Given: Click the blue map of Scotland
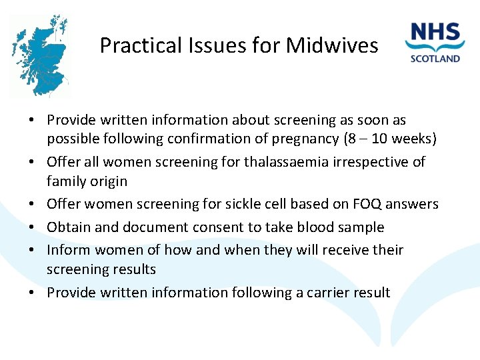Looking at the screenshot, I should (41, 57).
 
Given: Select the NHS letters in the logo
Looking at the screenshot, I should (435, 33).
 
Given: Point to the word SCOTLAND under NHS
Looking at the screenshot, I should (435, 58).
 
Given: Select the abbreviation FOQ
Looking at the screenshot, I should (358, 204).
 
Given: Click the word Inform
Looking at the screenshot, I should (69, 250).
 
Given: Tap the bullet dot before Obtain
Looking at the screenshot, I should (32, 227).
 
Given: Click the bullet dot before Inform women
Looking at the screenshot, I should (32, 250).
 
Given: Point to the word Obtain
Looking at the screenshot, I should (69, 227).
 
